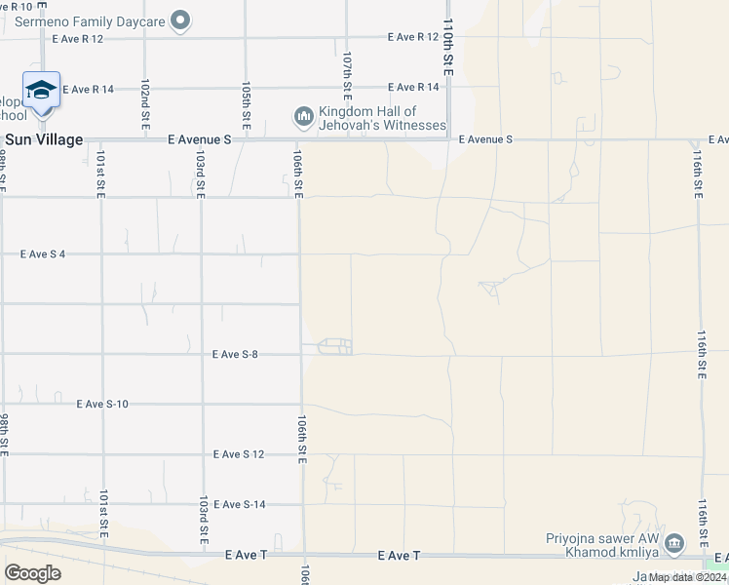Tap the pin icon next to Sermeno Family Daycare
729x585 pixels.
178,19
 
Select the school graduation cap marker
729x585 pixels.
41,91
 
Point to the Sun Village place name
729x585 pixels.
44,140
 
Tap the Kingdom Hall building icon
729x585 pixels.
304,118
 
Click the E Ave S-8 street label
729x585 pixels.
235,355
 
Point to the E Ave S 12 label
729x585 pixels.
239,455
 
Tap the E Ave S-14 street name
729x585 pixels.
239,505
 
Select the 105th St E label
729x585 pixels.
248,102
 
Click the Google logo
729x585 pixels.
32,572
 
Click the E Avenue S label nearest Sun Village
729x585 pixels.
200,140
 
